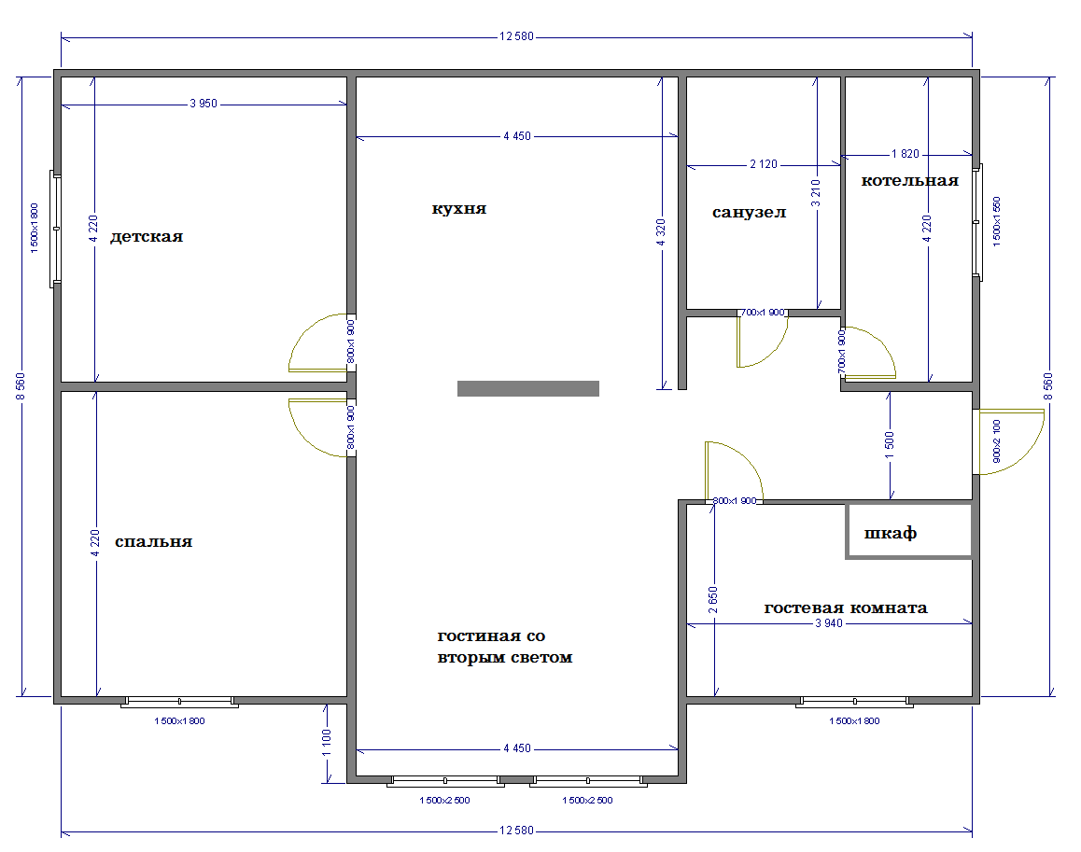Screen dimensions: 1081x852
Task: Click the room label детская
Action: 147,236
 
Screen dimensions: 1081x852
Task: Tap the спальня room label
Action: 153,542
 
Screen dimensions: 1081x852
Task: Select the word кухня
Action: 459,208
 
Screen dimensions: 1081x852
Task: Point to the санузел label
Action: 749,213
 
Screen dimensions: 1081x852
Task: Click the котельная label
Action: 909,181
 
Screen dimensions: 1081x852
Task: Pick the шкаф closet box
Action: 908,530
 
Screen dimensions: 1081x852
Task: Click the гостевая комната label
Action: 845,608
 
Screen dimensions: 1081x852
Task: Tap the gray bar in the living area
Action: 528,389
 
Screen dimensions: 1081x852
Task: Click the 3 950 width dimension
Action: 204,104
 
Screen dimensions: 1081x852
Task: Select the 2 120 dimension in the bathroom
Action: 764,164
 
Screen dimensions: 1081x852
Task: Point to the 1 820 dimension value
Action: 906,154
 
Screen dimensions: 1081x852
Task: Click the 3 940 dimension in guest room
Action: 829,623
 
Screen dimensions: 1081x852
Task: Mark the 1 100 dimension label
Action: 327,743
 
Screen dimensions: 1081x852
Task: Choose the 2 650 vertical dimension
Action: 713,600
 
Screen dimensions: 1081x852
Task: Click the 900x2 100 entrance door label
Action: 996,441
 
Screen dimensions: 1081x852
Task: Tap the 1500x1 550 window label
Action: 996,221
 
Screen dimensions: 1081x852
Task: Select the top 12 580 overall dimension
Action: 516,36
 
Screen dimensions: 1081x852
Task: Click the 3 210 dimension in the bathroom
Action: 816,194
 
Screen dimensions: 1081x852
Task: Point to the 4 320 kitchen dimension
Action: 661,233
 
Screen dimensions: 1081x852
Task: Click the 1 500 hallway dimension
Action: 890,445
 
